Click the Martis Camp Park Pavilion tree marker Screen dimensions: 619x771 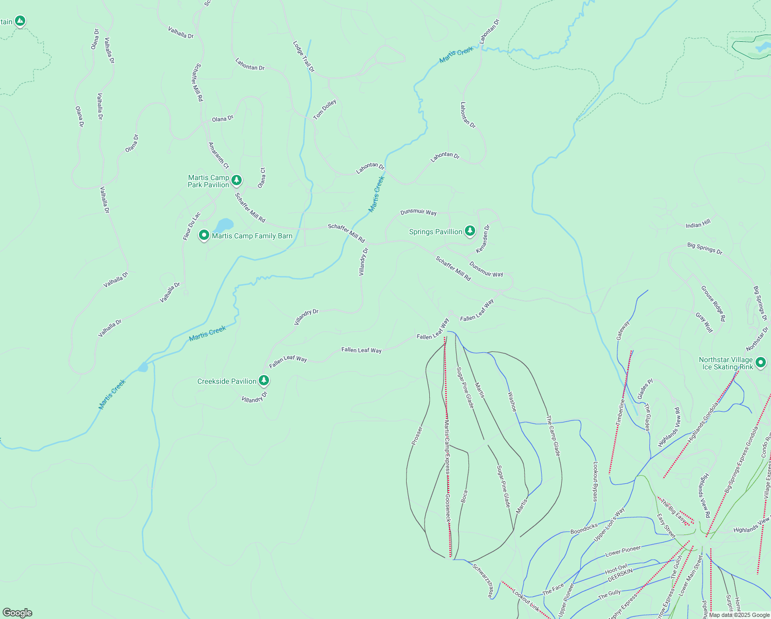(x=236, y=180)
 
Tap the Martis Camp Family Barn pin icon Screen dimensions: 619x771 (x=204, y=235)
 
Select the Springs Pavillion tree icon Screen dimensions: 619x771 (x=470, y=231)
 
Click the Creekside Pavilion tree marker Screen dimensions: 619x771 (x=264, y=381)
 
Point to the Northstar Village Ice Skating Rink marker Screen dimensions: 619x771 (x=760, y=363)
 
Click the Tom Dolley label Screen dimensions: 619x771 (x=325, y=109)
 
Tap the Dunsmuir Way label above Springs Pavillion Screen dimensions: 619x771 (x=418, y=212)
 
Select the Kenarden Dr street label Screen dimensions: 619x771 (x=483, y=238)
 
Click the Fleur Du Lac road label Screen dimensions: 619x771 (x=191, y=226)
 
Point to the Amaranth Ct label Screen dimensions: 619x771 (x=219, y=155)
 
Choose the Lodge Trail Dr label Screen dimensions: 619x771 (x=304, y=56)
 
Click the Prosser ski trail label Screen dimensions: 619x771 (x=417, y=435)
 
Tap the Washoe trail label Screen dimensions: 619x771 (x=512, y=401)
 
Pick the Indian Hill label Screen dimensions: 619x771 (x=698, y=223)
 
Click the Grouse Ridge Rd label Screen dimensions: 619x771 (x=713, y=303)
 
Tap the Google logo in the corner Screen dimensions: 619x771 (x=18, y=613)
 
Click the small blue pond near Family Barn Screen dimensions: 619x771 (x=224, y=225)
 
